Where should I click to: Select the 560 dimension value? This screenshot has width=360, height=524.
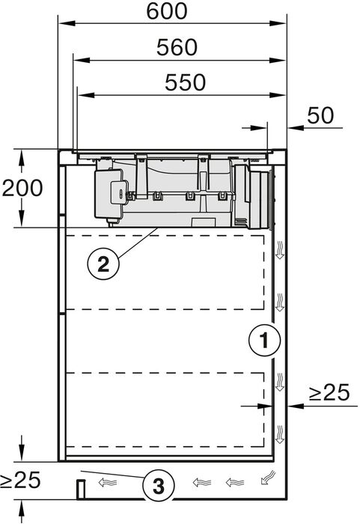tap(177, 47)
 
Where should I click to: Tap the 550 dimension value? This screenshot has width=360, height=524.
tap(180, 83)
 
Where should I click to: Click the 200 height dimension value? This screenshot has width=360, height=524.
tap(22, 188)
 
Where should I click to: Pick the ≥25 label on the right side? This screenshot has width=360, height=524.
tap(329, 392)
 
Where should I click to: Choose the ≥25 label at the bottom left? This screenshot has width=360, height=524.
tap(21, 480)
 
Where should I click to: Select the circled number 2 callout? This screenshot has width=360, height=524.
tap(103, 263)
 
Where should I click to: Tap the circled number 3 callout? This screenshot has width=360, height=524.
tap(159, 486)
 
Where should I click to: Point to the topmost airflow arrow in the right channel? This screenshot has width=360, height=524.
tap(279, 250)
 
